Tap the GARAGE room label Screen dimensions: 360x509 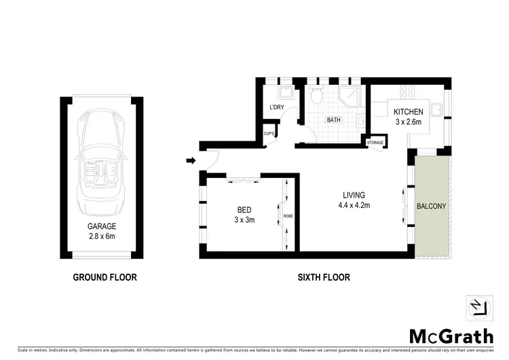click(101, 226)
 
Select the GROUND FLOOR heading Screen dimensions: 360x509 click(105, 277)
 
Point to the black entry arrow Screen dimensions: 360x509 click(191, 161)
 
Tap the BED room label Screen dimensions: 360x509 click(244, 210)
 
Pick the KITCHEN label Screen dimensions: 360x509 click(407, 112)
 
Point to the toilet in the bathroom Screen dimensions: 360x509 click(316, 97)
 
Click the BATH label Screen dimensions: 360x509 click(333, 120)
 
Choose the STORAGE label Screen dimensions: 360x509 click(375, 143)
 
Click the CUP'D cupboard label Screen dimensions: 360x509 click(269, 134)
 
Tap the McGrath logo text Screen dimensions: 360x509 click(451, 336)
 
